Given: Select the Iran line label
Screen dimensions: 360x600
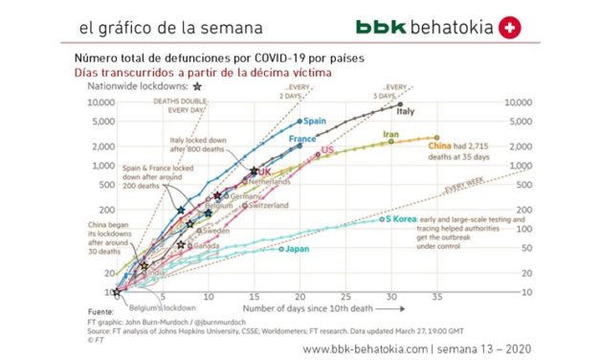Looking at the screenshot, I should [x=390, y=135].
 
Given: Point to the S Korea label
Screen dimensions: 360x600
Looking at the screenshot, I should [x=400, y=219].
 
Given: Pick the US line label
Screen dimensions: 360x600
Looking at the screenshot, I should [x=326, y=150].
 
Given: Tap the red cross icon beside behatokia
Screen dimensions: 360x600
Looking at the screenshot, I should [x=511, y=29].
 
